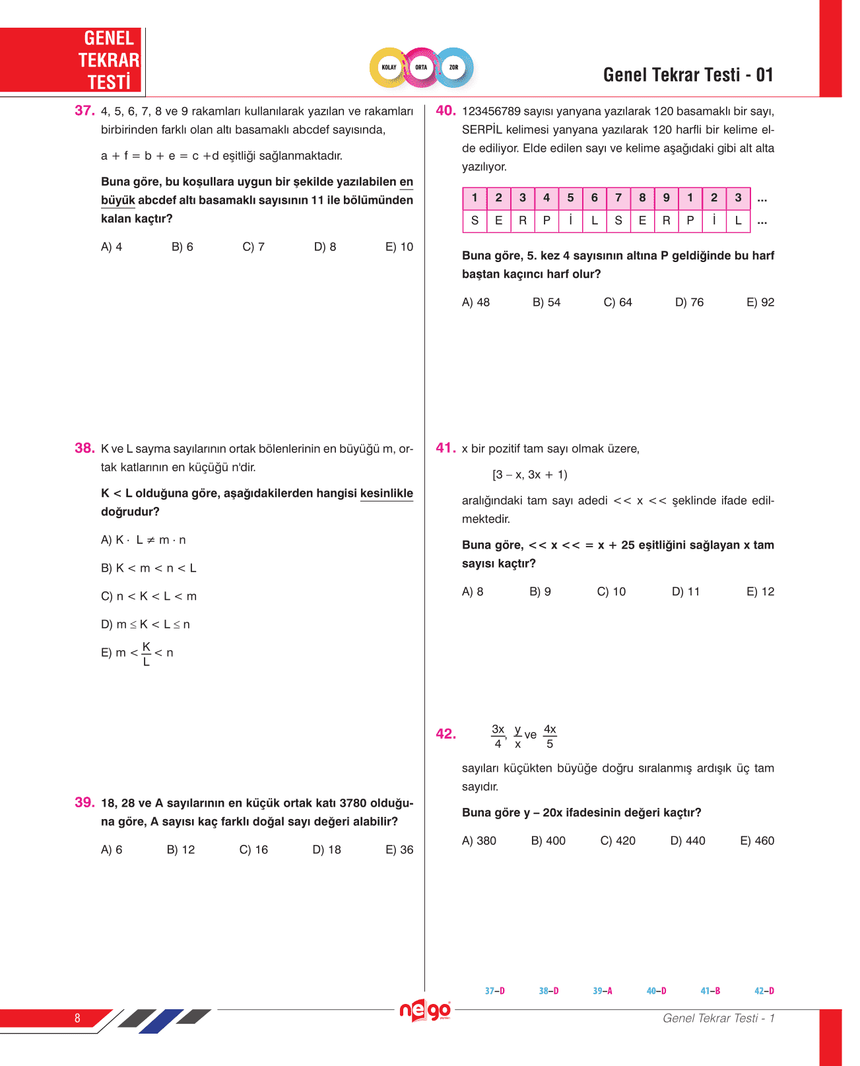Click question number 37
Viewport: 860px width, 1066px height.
point(84,111)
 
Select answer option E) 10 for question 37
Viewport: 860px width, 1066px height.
point(399,247)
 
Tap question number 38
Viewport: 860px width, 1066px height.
point(84,448)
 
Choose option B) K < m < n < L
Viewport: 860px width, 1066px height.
point(149,568)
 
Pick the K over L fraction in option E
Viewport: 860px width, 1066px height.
point(147,653)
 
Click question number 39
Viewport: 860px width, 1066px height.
point(84,803)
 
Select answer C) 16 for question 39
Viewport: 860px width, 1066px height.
point(253,850)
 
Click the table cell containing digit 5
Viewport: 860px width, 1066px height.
point(570,198)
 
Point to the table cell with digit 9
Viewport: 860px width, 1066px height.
point(666,198)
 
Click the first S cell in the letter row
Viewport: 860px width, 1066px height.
point(475,221)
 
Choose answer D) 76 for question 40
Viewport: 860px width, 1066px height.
point(689,302)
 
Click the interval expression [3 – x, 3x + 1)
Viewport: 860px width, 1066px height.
point(529,475)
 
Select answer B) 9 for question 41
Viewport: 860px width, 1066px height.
point(540,592)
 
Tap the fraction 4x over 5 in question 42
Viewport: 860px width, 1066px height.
point(550,736)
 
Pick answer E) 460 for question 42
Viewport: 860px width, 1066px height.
point(757,841)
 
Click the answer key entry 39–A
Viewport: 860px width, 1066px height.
point(602,991)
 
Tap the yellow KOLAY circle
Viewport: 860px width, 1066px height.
point(389,67)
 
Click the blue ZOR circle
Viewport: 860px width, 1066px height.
point(453,67)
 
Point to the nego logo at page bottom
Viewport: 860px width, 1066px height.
point(425,1011)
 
